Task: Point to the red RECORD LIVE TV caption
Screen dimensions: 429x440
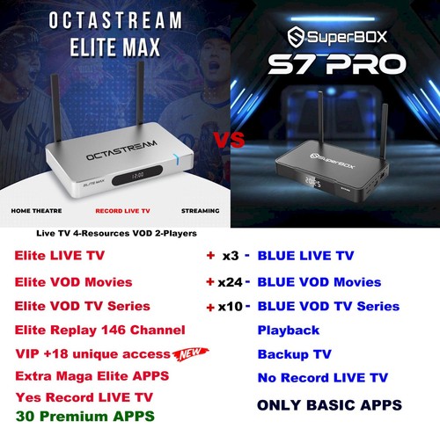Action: coord(121,212)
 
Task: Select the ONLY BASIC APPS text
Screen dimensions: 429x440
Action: coord(329,405)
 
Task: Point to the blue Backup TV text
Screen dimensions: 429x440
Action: coord(296,354)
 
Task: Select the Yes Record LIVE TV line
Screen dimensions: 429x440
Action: coord(84,396)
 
